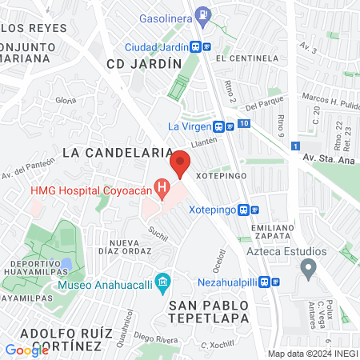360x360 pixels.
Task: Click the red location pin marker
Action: click(180, 163)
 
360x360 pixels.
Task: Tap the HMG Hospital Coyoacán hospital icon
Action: click(162, 190)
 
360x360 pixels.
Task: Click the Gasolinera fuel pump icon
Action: click(205, 14)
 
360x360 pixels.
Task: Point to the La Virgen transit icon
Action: click(218, 126)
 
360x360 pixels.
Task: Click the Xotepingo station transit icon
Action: click(255, 210)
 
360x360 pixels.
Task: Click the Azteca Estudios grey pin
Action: click(306, 270)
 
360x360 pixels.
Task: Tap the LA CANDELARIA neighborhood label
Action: click(118, 152)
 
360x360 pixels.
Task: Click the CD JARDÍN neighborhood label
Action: click(140, 62)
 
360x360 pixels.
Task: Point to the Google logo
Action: click(26, 350)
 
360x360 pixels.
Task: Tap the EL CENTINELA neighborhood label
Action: click(252, 58)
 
